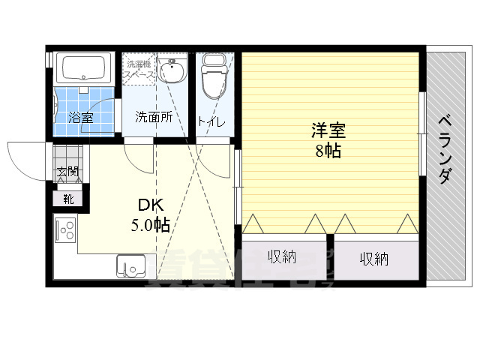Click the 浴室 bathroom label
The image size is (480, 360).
(x=81, y=117)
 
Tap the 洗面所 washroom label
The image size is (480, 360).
(x=154, y=117)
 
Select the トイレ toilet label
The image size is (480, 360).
(x=212, y=121)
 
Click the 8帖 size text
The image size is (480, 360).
(x=328, y=150)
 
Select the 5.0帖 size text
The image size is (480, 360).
(x=151, y=223)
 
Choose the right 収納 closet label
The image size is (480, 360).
(x=373, y=259)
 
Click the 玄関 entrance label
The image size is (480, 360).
(x=67, y=172)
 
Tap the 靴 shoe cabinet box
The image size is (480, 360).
(x=67, y=199)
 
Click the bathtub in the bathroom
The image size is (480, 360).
(x=85, y=69)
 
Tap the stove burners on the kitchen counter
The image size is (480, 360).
(x=64, y=229)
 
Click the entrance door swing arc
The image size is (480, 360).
(x=26, y=159)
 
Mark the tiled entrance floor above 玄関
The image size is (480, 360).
(x=67, y=153)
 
